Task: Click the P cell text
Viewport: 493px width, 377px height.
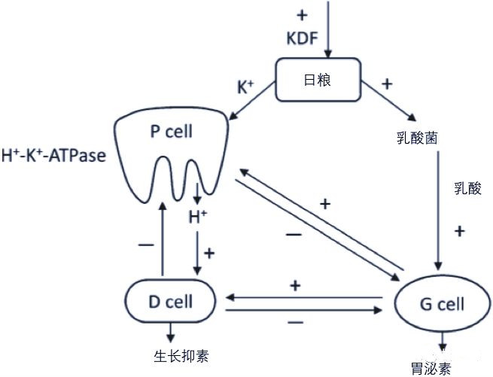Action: click(x=171, y=132)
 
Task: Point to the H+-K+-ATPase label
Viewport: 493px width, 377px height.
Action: click(x=53, y=157)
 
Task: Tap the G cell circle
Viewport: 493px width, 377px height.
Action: click(x=441, y=305)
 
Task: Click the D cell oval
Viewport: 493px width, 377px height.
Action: click(x=170, y=302)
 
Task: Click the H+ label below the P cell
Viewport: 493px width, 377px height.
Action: click(x=197, y=218)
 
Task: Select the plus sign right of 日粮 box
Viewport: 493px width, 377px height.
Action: click(x=387, y=84)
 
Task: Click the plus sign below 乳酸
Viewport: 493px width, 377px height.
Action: click(x=460, y=230)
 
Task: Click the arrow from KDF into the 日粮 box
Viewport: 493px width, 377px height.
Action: click(x=327, y=30)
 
